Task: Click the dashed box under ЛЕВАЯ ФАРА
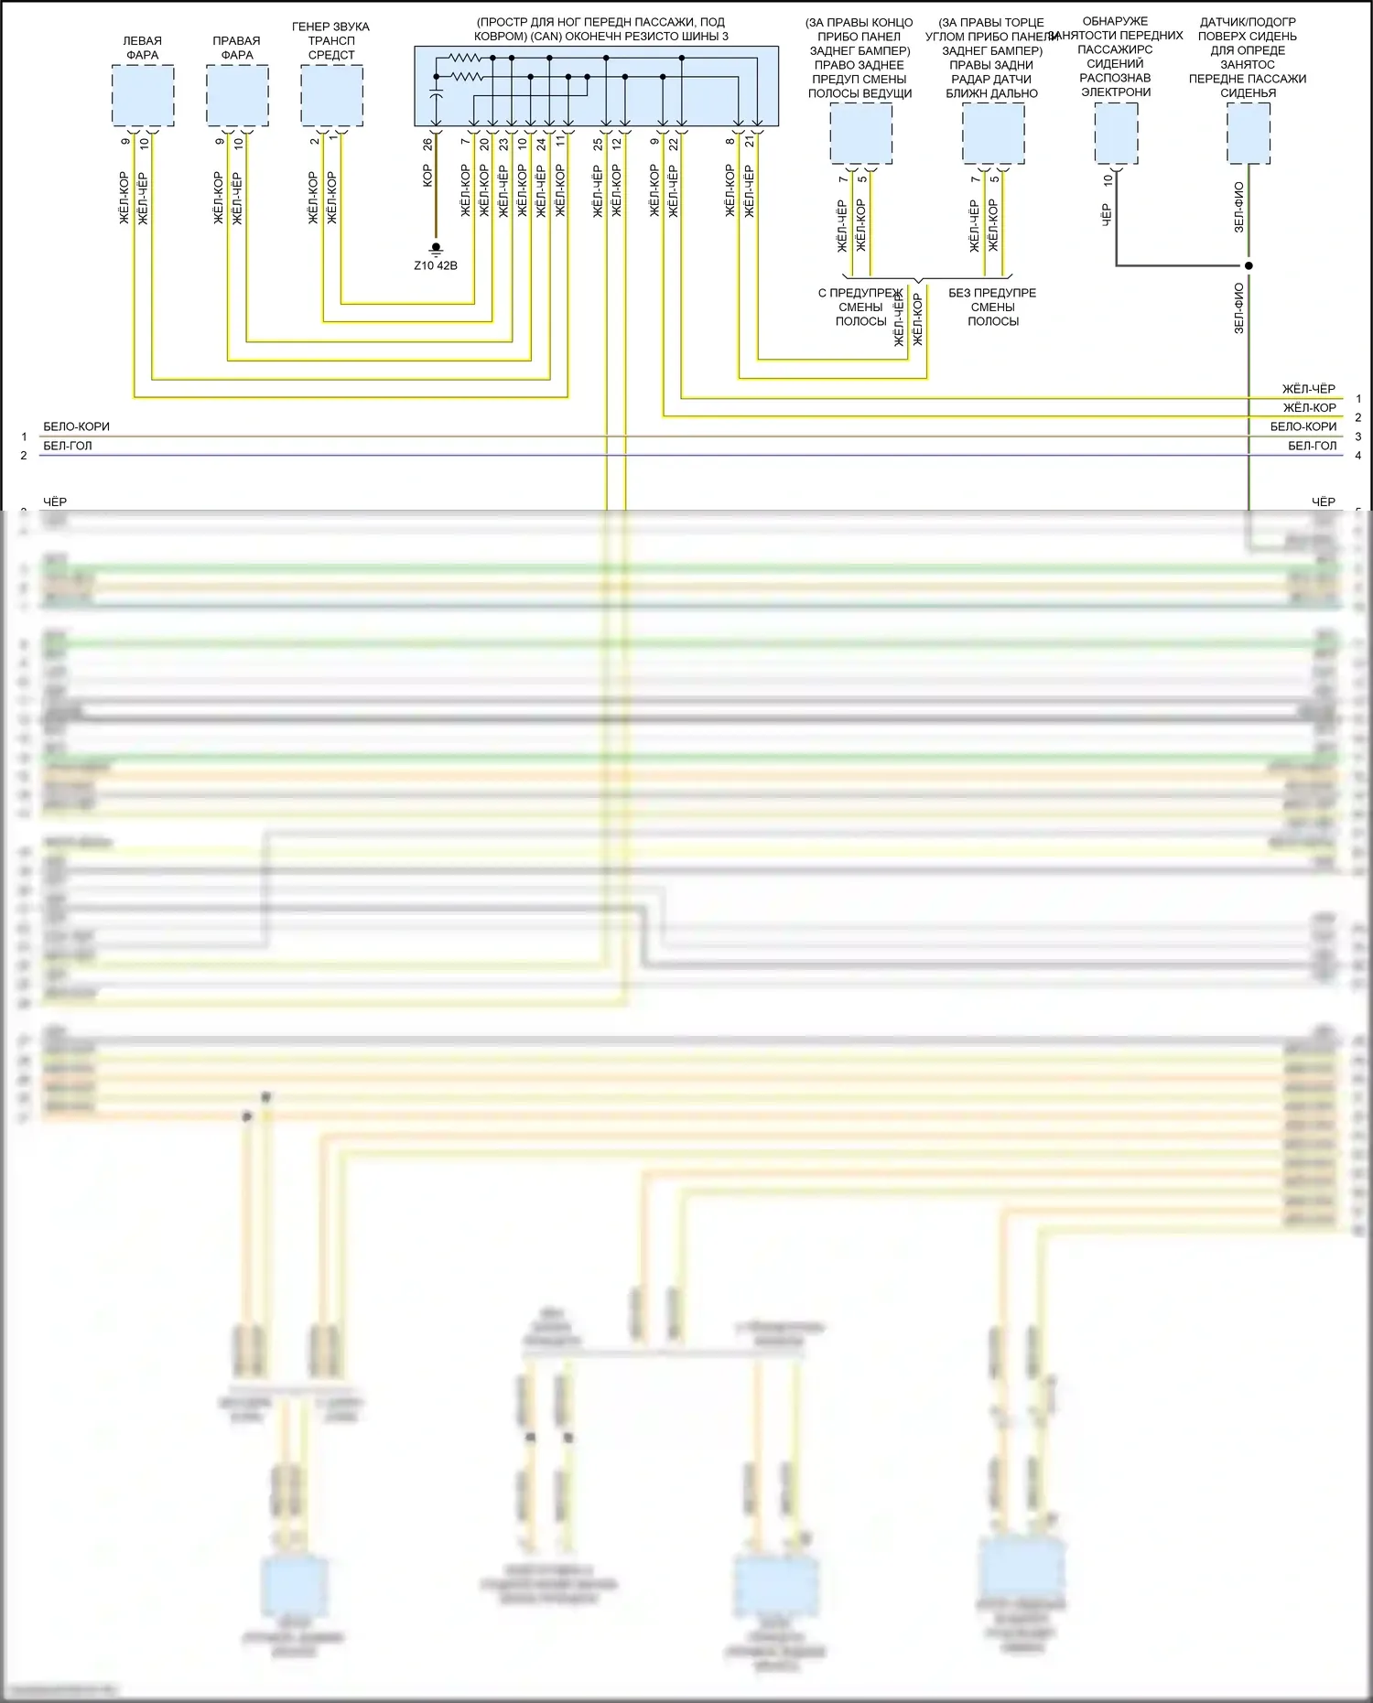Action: tap(143, 96)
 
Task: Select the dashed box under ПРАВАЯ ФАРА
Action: tap(237, 96)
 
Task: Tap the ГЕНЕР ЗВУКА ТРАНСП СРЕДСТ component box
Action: tap(331, 96)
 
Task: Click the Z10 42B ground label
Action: tap(436, 265)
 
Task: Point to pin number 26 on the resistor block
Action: tap(427, 144)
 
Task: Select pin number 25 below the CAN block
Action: tap(598, 144)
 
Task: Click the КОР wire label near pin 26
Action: tap(427, 177)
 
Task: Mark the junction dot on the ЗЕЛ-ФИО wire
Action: tap(1249, 266)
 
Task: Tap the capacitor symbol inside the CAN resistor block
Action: tap(436, 94)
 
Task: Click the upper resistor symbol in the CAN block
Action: tap(465, 58)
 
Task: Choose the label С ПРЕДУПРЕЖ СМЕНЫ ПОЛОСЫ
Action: tap(860, 307)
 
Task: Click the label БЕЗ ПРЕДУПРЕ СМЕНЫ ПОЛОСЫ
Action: tap(992, 307)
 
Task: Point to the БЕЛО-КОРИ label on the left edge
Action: tap(76, 426)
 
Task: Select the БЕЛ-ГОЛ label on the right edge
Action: tap(1312, 446)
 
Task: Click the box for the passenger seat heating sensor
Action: tap(1248, 134)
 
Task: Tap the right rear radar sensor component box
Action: tap(993, 134)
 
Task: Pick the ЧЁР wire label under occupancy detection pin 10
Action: tap(1107, 216)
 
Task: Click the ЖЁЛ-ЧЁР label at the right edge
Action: tap(1308, 389)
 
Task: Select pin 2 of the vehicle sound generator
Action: tap(314, 142)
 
